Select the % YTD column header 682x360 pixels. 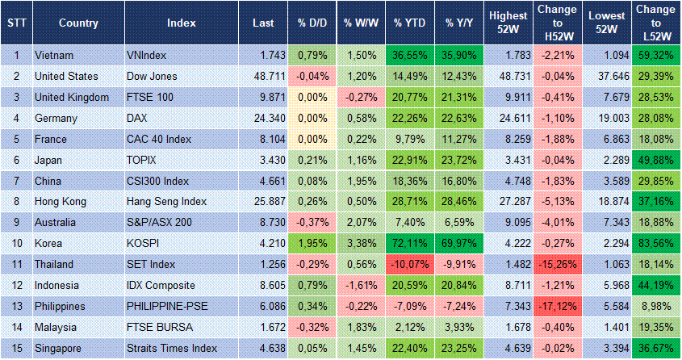coord(409,23)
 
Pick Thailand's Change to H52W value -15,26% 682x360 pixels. coord(558,264)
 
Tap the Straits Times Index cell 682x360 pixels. coord(171,348)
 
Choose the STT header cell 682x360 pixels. coord(16,23)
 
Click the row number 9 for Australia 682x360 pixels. coord(16,222)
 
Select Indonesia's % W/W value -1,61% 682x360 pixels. coord(360,285)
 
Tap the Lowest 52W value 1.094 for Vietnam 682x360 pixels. coord(607,55)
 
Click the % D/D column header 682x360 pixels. coord(310,23)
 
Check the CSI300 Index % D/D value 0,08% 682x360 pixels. coord(311,180)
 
